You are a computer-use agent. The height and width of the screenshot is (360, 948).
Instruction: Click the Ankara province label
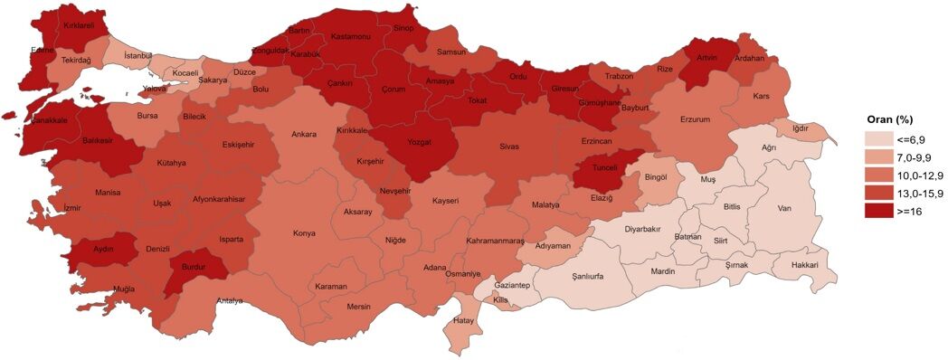point(303,135)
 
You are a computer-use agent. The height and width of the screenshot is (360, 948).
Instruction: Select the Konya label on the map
point(304,233)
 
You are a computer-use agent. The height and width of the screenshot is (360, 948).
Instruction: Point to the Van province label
point(784,209)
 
